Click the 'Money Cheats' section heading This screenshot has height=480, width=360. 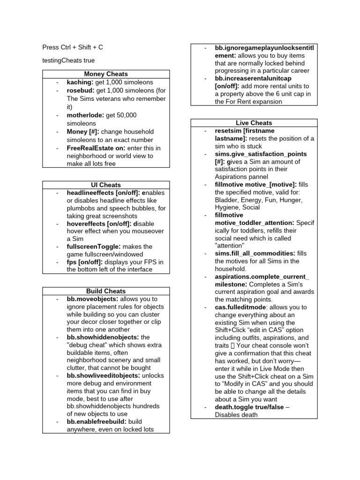point(105,74)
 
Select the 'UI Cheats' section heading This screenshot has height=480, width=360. point(105,185)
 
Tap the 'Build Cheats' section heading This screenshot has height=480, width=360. point(105,291)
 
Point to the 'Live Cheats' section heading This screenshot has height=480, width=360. point(254,123)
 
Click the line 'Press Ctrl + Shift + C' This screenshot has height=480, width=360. point(73,47)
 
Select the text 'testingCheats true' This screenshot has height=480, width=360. point(68,60)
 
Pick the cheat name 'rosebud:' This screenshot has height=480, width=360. point(81,90)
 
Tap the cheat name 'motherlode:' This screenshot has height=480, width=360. point(86,115)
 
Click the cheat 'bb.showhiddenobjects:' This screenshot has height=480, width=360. point(102,337)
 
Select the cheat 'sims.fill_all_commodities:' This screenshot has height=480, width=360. point(255,253)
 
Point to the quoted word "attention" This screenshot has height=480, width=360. point(230,245)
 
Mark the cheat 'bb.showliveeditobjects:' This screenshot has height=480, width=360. point(103,375)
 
